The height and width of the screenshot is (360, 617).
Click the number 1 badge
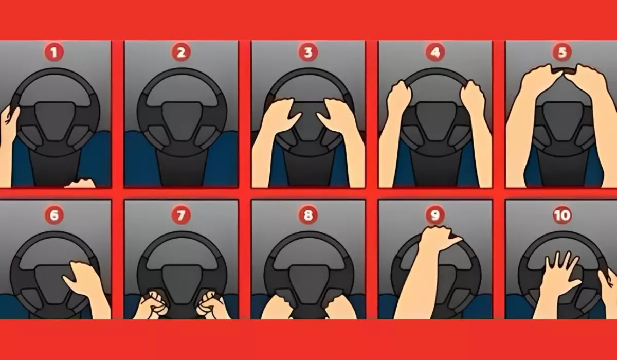click(54, 52)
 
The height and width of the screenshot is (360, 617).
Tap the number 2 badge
click(181, 52)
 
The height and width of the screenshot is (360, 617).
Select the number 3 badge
click(308, 52)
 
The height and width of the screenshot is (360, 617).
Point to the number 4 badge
click(435, 52)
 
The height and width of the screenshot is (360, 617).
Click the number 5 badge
click(561, 52)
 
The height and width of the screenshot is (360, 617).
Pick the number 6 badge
click(54, 215)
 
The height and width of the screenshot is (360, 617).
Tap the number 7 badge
click(181, 215)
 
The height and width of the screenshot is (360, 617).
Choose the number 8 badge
click(308, 215)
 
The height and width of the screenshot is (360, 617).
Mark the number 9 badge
click(435, 215)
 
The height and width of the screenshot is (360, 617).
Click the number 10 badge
click(561, 215)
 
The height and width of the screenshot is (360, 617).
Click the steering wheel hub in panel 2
click(181, 118)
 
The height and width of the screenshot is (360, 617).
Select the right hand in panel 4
click(472, 98)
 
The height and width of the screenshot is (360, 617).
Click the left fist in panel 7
click(153, 303)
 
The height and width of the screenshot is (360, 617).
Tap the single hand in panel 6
click(82, 280)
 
